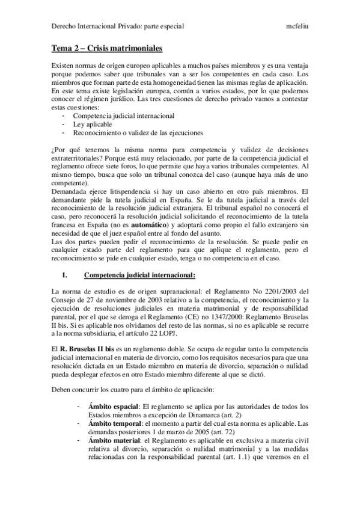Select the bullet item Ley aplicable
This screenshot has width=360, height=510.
point(89,123)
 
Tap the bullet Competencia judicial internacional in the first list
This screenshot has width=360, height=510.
point(115,115)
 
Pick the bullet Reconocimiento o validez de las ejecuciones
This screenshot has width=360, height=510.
point(138,132)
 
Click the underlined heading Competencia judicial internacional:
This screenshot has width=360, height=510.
point(140,275)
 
